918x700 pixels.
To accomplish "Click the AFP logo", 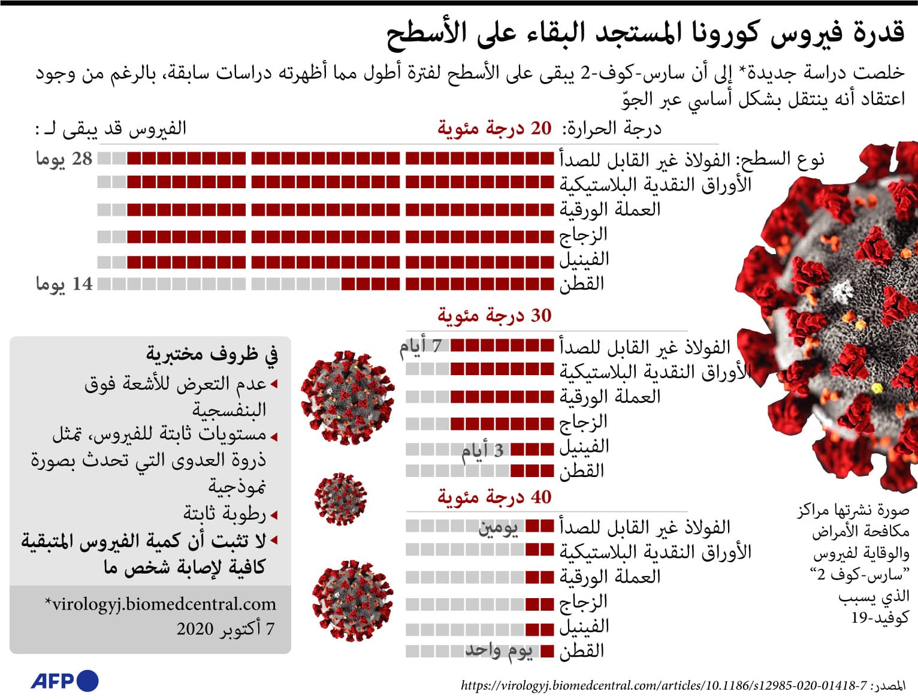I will tap(65, 681).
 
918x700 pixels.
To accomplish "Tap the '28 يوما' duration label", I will tap(64, 159).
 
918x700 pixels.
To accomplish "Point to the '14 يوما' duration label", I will tap(64, 284).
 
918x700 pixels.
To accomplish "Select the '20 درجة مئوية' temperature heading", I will tap(494, 128).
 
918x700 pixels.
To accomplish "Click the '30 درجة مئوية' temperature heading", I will tap(494, 316).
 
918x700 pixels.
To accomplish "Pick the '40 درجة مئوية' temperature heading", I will tap(494, 497).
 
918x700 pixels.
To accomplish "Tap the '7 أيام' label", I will tap(421, 346).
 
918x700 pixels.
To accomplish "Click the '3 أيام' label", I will tap(482, 450).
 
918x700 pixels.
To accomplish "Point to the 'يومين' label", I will tap(498, 528).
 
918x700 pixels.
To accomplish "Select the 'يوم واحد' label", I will tap(499, 651).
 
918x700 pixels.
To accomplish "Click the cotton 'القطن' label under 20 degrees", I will tap(582, 284).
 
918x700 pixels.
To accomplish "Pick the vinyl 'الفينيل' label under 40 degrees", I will tap(584, 627).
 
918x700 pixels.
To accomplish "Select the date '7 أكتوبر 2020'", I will tap(225, 629).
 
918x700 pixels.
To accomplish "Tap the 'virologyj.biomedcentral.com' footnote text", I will tap(161, 604).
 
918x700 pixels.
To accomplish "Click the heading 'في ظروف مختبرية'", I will tap(212, 354).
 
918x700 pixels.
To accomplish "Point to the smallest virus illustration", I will tap(340, 499).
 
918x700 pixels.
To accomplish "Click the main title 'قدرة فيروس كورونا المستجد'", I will tap(645, 33).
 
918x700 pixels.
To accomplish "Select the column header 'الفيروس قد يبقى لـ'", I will tap(111, 128).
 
